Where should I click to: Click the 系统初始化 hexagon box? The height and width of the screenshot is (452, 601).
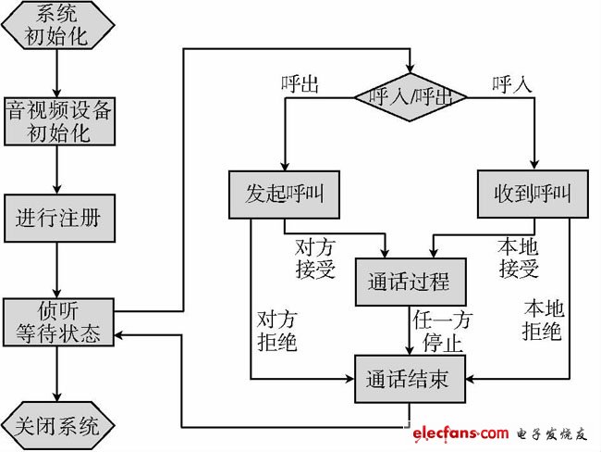(x=58, y=25)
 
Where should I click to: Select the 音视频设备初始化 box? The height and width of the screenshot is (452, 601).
(x=58, y=119)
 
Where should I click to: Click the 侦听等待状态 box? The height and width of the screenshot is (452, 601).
(x=58, y=320)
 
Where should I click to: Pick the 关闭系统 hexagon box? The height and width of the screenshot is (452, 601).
(x=58, y=426)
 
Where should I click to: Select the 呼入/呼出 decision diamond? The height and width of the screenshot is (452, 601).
(x=411, y=95)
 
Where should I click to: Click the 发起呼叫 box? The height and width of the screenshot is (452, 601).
(x=284, y=195)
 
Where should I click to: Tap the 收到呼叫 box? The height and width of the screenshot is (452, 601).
(x=534, y=195)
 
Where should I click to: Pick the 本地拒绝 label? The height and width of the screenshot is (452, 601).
(x=543, y=320)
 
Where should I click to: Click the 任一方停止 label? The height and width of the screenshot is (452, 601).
(x=445, y=330)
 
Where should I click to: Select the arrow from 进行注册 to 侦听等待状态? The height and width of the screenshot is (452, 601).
(x=58, y=268)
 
